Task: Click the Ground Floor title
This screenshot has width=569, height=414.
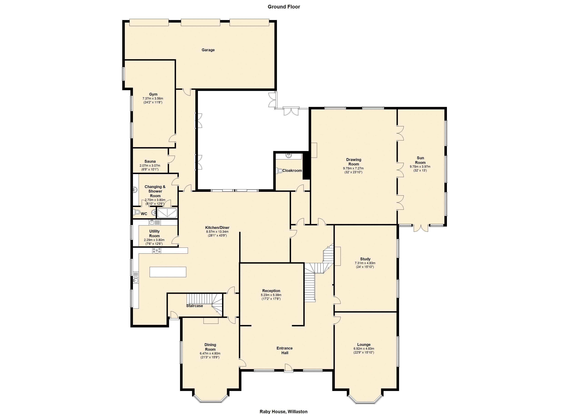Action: (x=284, y=7)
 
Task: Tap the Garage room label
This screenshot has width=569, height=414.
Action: (x=208, y=50)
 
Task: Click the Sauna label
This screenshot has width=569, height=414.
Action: (x=150, y=161)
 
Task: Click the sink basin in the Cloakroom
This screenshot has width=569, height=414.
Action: (x=289, y=156)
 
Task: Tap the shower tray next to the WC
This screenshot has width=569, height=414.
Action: (x=167, y=213)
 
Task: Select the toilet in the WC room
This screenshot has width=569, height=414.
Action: (x=137, y=212)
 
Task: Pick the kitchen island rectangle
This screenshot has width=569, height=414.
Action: (x=168, y=272)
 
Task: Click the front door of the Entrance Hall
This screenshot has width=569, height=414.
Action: (x=288, y=368)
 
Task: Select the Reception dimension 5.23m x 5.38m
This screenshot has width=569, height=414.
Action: (x=271, y=295)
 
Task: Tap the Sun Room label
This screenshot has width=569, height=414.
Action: (x=420, y=160)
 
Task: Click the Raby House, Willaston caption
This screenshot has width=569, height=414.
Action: (x=283, y=411)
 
